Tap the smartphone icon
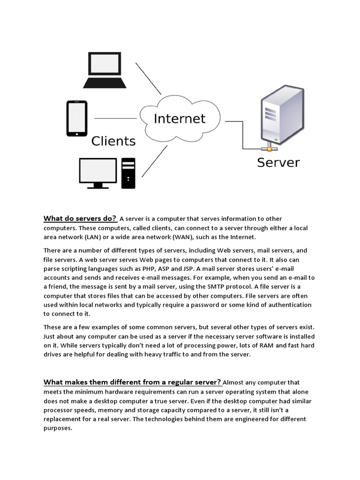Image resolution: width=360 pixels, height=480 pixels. point(77,118)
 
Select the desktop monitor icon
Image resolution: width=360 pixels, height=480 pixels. point(98,172)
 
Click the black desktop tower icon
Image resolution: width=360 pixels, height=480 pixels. point(128,173)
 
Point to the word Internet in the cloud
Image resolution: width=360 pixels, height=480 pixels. point(180,118)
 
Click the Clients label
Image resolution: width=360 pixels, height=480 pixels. point(113,141)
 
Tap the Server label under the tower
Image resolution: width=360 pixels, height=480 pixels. point(278,163)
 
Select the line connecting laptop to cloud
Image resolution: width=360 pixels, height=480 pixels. point(148,78)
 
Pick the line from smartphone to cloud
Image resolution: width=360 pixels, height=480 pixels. point(116,118)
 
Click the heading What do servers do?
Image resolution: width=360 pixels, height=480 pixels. point(80,218)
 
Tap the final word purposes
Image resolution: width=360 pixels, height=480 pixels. point(58,428)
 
